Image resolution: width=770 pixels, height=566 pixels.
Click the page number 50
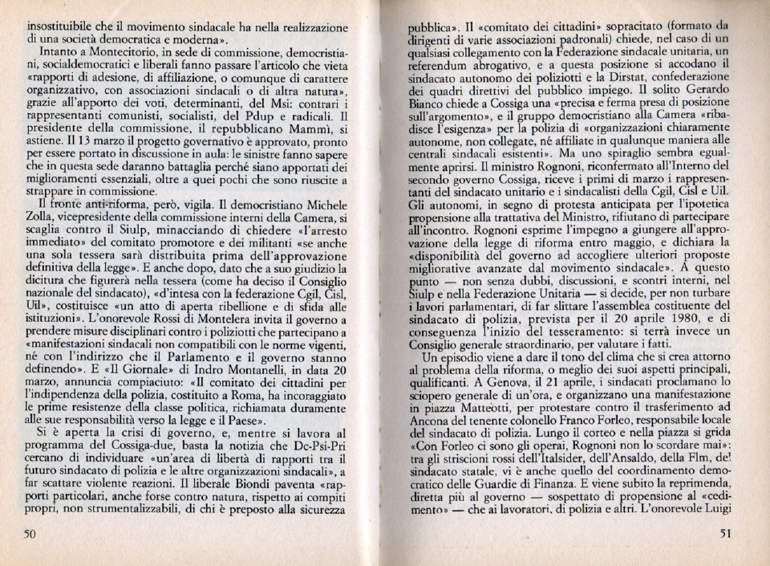(30, 535)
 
